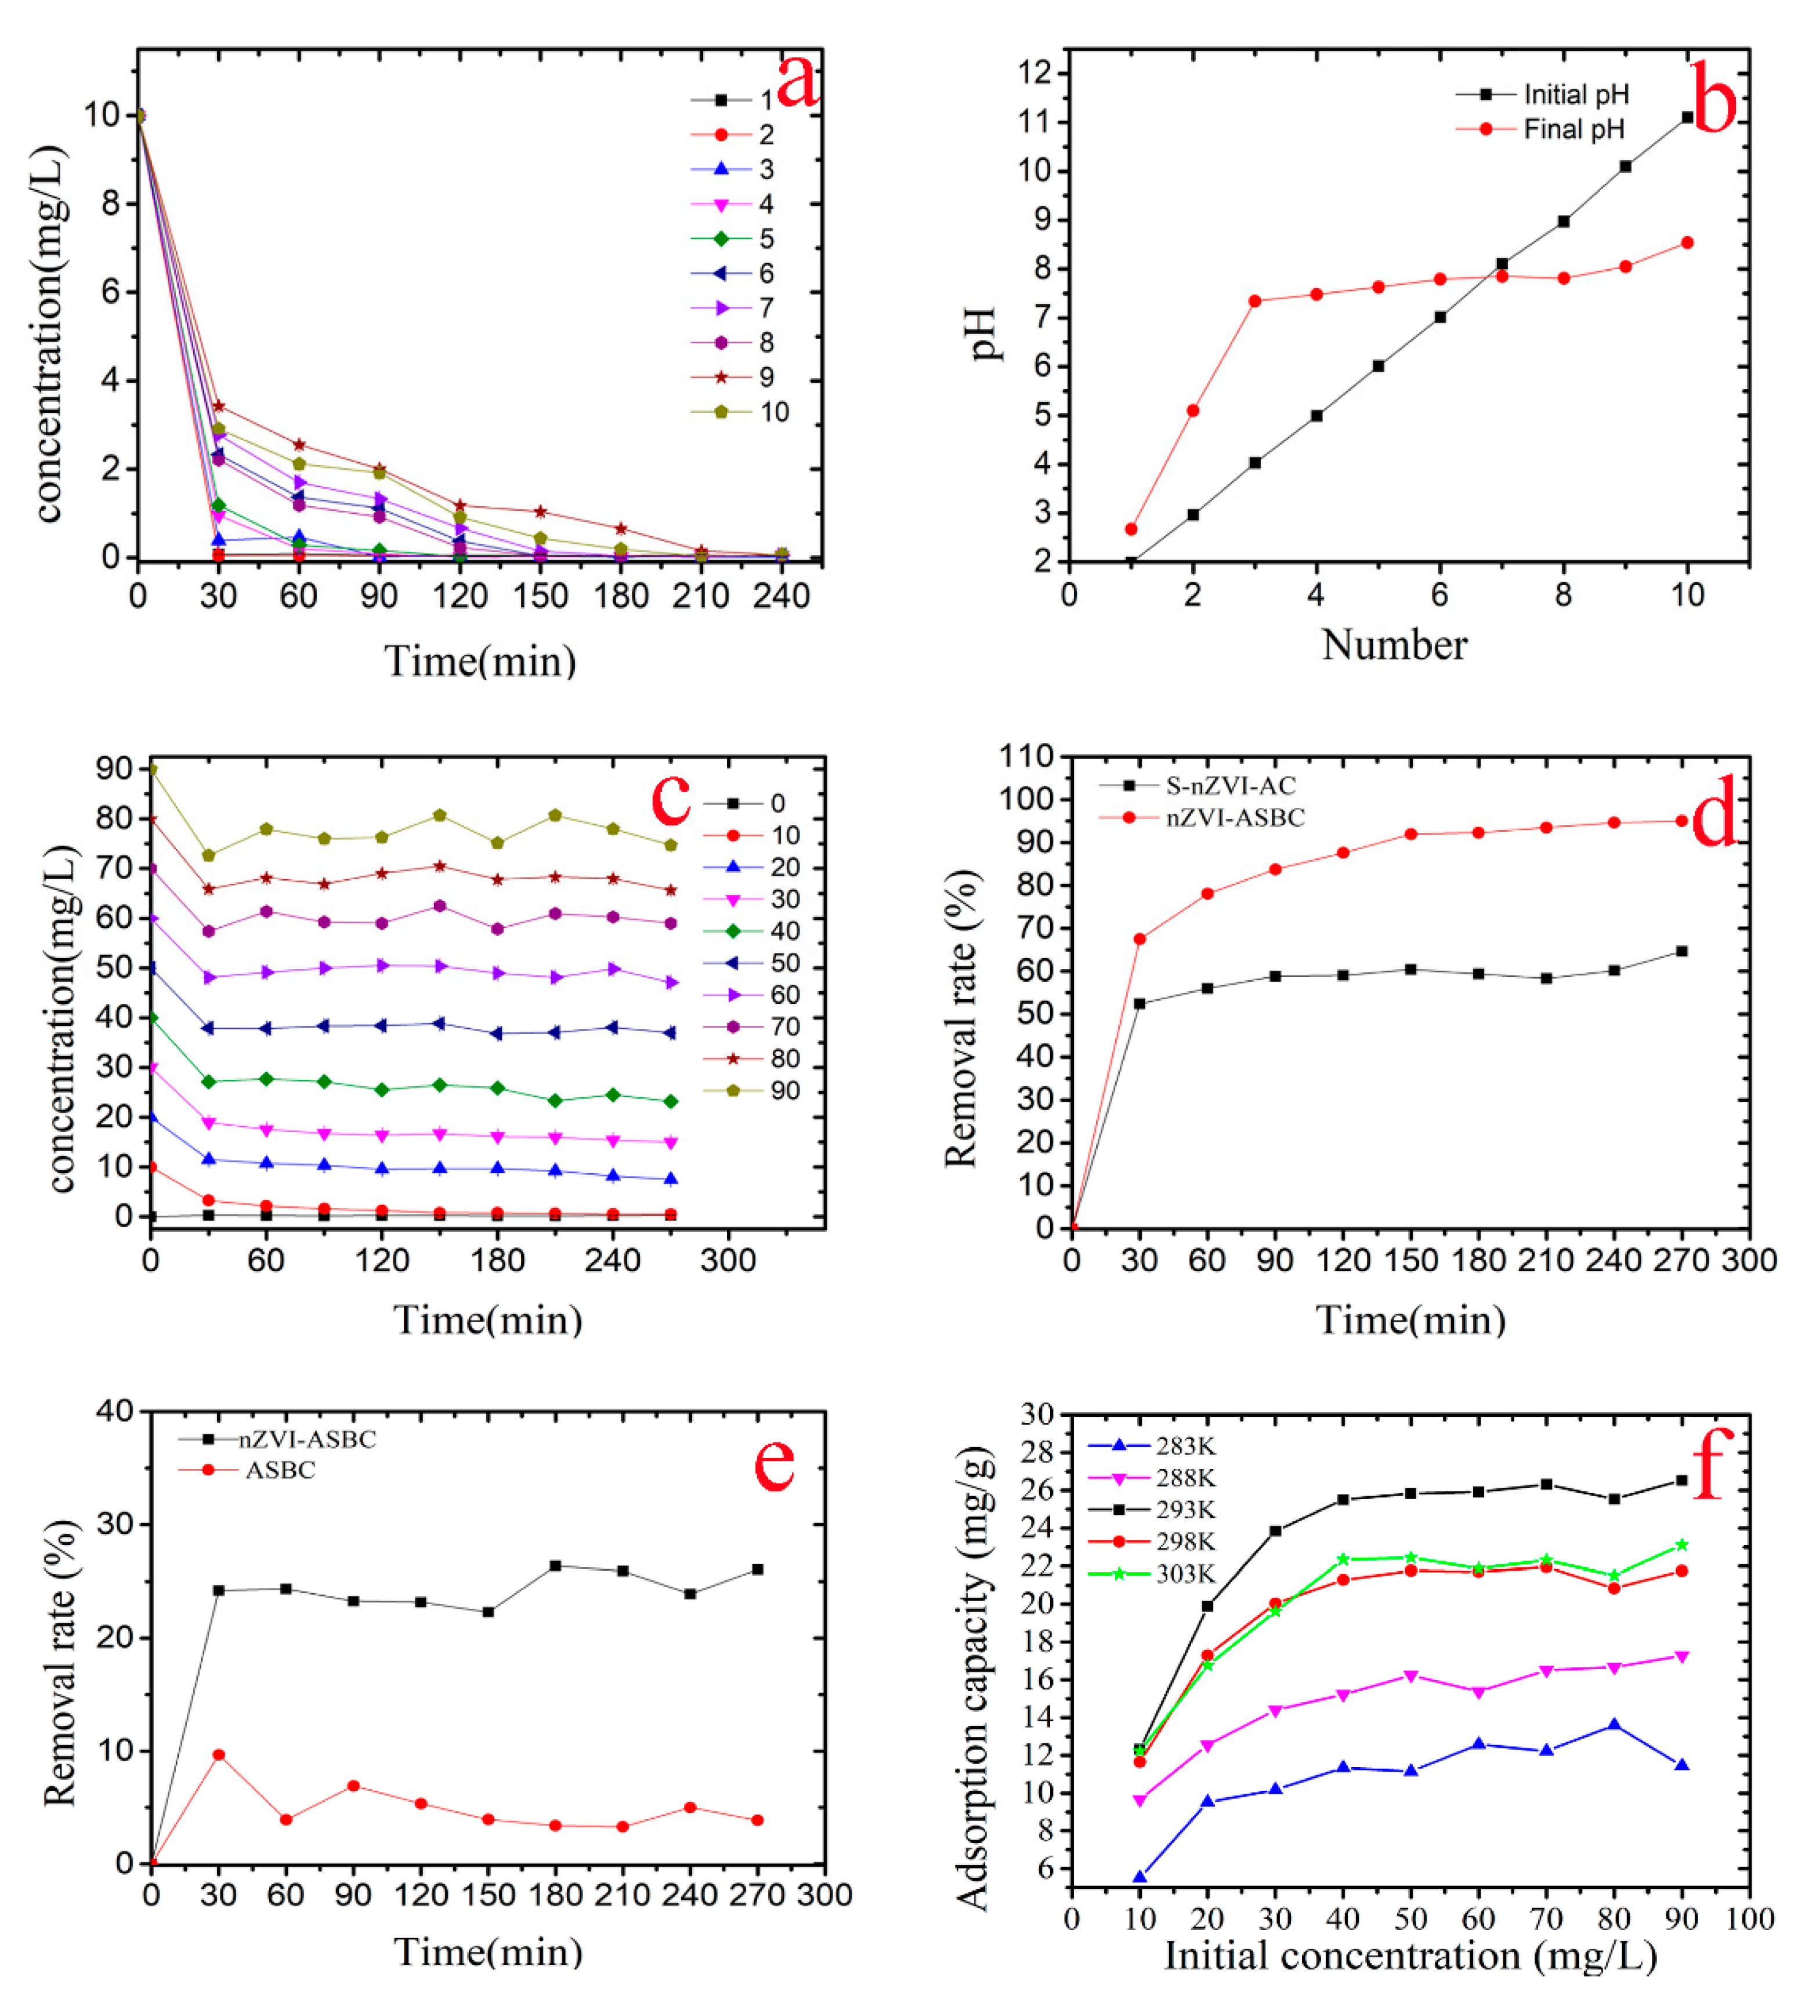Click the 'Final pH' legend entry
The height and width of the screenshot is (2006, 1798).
coord(1573,129)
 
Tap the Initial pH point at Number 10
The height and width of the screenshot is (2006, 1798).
coord(1687,118)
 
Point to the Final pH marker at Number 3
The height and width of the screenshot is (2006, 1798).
coord(1254,301)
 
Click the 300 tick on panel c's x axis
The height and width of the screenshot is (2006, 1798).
coord(728,1260)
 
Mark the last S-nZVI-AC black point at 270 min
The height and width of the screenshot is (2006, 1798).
coord(1681,951)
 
